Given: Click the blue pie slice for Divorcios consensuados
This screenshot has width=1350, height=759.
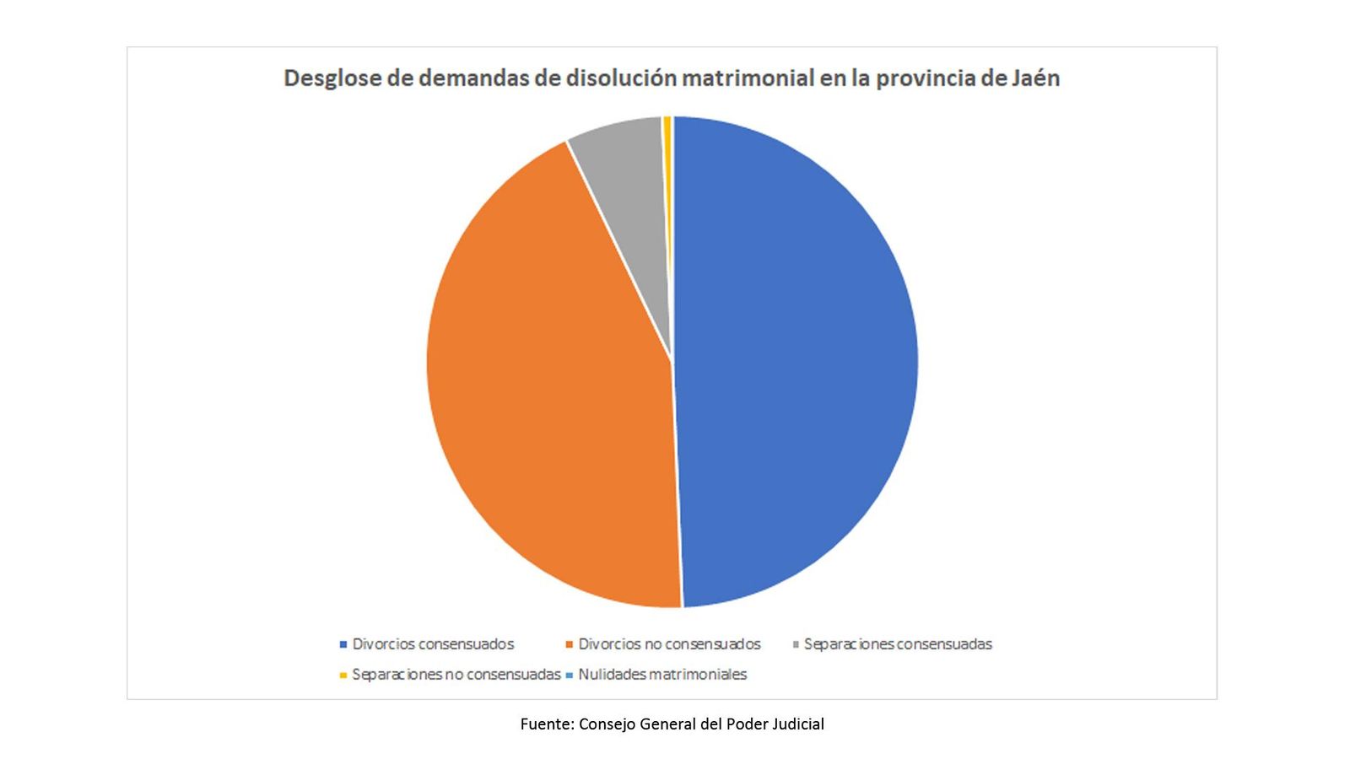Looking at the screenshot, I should pos(793,363).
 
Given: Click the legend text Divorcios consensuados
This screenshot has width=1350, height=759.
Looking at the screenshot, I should pos(433,644).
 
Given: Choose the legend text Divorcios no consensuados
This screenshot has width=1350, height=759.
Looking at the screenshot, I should pos(669,644).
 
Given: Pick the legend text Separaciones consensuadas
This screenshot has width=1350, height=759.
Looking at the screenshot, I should pos(898,644).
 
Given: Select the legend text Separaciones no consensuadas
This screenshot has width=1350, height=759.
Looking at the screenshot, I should pos(456,675).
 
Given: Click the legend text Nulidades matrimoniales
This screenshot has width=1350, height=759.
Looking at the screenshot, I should pos(662,675).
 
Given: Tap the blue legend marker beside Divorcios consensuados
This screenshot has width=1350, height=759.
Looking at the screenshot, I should pos(343,645).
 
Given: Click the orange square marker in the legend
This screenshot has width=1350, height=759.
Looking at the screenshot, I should pos(570,645).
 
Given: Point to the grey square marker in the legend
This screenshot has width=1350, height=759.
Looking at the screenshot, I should pos(796,645).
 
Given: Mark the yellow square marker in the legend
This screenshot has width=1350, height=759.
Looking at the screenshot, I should pos(343,676).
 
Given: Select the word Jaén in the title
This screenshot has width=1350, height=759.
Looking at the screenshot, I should pos(1035,78).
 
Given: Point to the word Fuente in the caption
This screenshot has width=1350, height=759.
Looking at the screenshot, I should pos(545,724).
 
